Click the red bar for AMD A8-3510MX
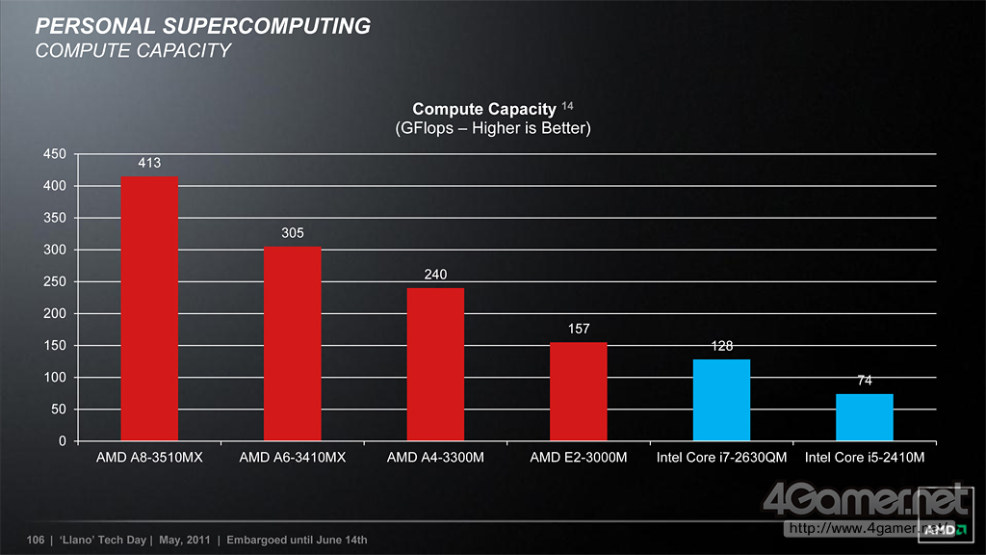pos(149,308)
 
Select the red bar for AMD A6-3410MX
pos(292,344)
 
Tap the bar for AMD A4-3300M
pos(435,364)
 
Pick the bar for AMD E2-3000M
pos(579,391)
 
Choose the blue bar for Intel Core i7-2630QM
pos(721,400)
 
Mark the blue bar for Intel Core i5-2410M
pos(865,417)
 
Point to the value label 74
pos(865,381)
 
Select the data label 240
pos(435,275)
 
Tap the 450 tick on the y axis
pos(55,154)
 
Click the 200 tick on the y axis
pos(55,314)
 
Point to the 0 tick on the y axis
pos(62,441)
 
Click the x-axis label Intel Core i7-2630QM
pos(721,458)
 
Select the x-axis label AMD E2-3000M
pos(579,458)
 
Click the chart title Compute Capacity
pos(484,110)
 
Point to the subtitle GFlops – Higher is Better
pos(493,128)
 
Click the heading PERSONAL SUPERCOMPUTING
pos(202,26)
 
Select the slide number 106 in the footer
pos(38,540)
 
